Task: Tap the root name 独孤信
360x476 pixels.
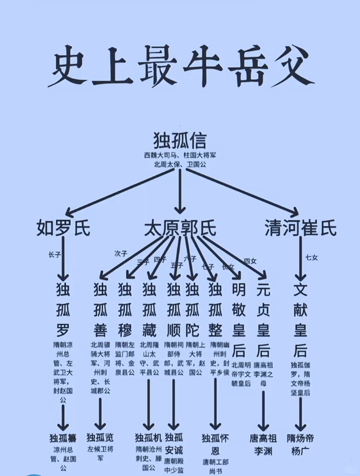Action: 180,140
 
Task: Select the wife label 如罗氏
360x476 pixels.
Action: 63,228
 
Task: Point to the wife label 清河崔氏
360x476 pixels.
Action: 300,228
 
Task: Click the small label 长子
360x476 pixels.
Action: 54,255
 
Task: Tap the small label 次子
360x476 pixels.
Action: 121,254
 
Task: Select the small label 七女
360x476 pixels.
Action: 312,257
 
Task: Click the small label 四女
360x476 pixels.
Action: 250,261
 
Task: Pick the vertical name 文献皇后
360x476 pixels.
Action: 300,320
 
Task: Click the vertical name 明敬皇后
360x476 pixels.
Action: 239,320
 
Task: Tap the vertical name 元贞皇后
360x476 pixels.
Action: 263,320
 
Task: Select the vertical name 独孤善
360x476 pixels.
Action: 100,310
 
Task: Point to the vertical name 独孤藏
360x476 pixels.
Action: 149,310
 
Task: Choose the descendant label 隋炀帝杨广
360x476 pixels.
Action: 300,444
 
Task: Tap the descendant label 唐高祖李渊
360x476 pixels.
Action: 263,444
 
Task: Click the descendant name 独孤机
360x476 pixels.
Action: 148,437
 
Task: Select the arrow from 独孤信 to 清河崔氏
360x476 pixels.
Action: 242,191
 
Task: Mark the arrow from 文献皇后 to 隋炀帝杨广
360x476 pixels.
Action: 300,413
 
